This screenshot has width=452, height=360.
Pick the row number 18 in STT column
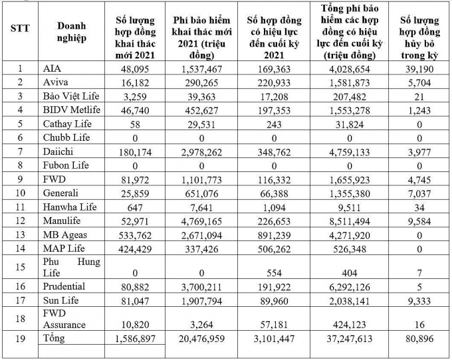tap(17, 319)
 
